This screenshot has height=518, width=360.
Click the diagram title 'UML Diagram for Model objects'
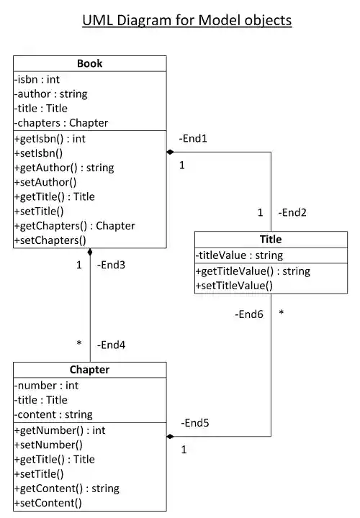pos(187,20)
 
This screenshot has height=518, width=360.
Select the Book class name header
pos(90,63)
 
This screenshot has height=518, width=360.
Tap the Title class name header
pos(271,239)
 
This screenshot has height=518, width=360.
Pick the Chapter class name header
pos(90,370)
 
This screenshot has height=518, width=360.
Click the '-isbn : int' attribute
pos(37,79)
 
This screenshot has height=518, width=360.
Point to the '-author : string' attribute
pos(50,94)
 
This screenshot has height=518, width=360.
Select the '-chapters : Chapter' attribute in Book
pos(60,123)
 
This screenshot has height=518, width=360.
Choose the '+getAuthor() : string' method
pos(64,168)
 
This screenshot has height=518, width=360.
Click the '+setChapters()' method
pos(50,240)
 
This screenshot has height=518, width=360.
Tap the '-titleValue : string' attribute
pos(240,255)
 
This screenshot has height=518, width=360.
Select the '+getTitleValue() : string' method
pos(253,271)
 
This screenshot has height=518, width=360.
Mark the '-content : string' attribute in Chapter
pos(53,414)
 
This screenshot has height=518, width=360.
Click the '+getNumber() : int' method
pos(60,430)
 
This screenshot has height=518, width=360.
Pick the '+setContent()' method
pos(48,503)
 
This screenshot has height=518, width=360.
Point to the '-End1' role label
pos(193,139)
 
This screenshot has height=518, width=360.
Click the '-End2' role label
pos(292,212)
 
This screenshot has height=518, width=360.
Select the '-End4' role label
pos(111,345)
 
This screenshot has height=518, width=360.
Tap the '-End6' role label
pos(248,314)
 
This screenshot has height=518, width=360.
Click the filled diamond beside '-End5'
pos(171,436)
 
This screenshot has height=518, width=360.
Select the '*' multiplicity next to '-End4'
pos(79,344)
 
